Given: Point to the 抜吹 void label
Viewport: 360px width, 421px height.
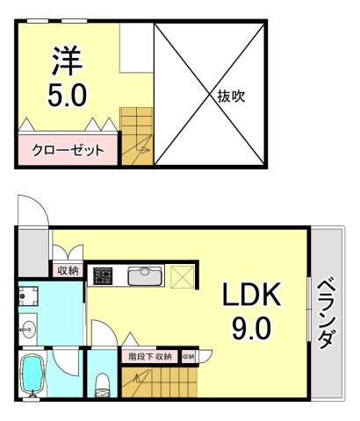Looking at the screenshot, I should pos(230,96).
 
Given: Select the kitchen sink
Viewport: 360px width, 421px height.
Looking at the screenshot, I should pos(142,276).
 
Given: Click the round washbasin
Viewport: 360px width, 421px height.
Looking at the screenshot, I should pos(28,332).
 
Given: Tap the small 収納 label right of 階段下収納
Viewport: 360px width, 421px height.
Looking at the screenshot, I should pos(188,356).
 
